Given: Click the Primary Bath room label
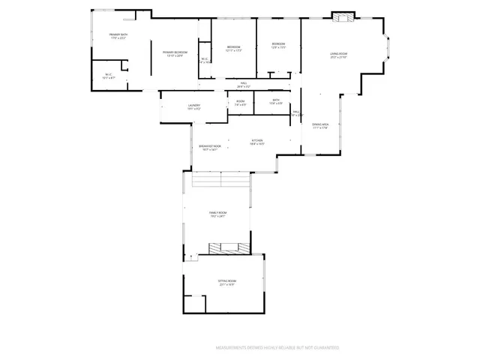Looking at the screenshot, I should coord(118,36).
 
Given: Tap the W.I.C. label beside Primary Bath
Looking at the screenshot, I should coord(109,75).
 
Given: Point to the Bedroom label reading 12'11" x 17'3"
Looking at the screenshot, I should coord(233,49).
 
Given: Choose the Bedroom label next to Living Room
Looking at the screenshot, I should coord(278,46).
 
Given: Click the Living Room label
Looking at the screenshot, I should coord(338,55).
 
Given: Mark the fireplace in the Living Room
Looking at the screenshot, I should coord(343,17).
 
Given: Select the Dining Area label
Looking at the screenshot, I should coord(321,126).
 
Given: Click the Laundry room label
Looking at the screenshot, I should coord(193,106).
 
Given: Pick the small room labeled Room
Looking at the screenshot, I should coord(240,103).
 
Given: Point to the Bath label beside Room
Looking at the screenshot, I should coord(276,101).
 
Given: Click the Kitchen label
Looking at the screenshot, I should coord(257,142).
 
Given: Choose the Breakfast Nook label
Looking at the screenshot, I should coord(210,148).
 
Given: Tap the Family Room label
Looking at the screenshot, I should coord(217,214).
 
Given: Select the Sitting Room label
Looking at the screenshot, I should coord(226,283).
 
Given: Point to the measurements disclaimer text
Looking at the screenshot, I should coord(277,348).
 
